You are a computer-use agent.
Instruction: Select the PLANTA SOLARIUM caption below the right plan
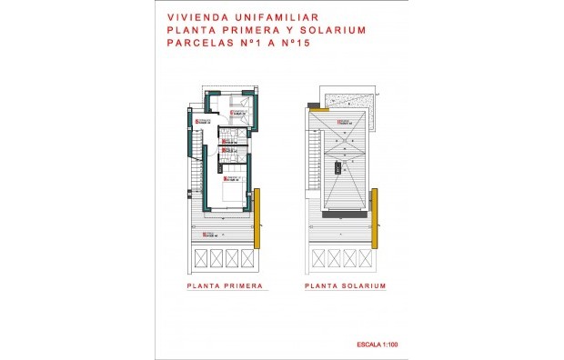(347, 285)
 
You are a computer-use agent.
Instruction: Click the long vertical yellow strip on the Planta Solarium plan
(373, 218)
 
